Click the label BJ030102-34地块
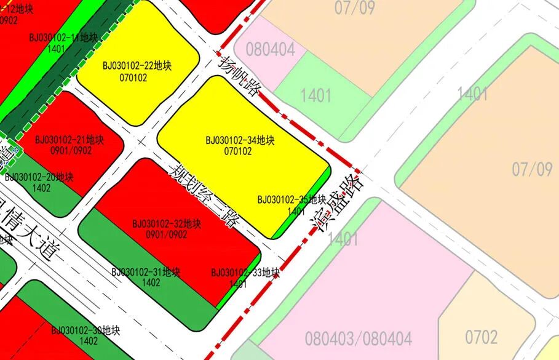click(x=240, y=141)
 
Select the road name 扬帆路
click(x=239, y=76)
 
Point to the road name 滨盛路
click(x=338, y=204)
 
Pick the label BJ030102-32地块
click(x=167, y=224)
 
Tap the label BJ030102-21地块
click(x=69, y=140)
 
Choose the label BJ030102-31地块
click(x=146, y=272)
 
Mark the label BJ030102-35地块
click(x=291, y=199)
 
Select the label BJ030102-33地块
click(x=245, y=273)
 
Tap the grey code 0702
click(x=481, y=337)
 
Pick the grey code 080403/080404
click(x=358, y=338)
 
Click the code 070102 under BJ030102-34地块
click(x=238, y=151)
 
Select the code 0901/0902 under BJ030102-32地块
click(x=167, y=234)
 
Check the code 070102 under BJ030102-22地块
click(x=133, y=77)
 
